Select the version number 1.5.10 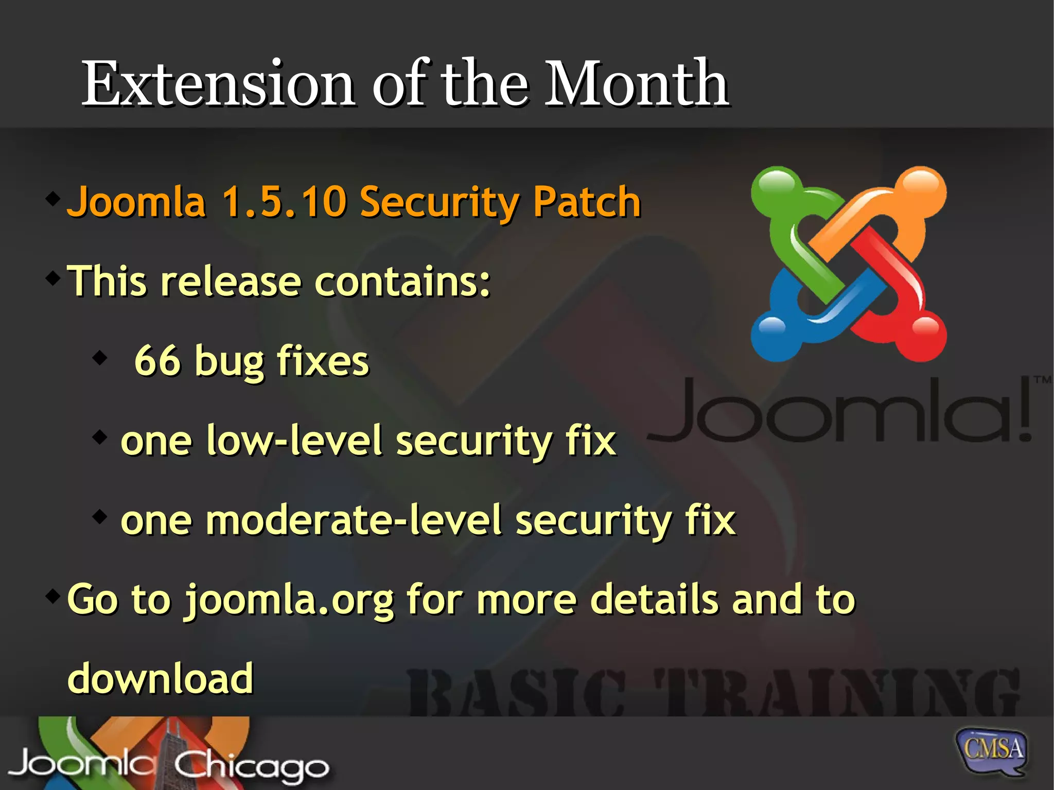(284, 201)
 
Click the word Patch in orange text (587, 201)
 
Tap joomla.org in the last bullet (289, 600)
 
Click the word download (161, 678)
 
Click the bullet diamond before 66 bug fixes (100, 356)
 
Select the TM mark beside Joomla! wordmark (1042, 380)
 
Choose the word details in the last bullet (654, 600)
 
